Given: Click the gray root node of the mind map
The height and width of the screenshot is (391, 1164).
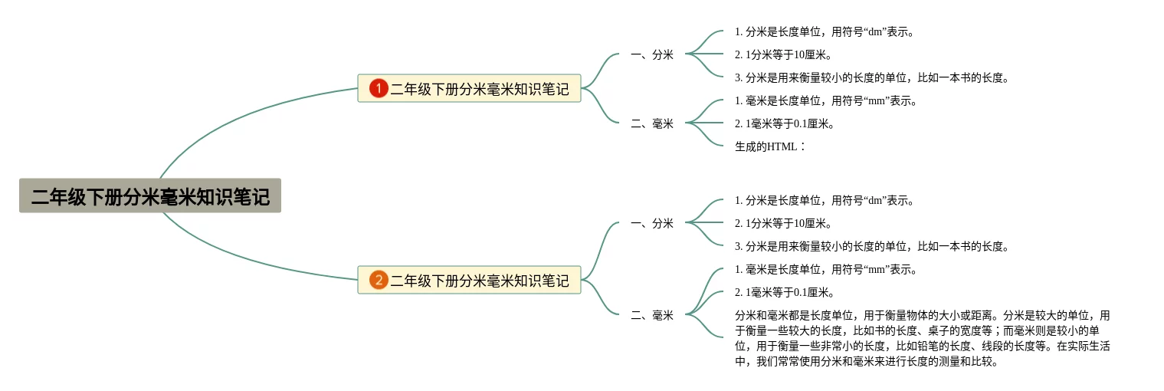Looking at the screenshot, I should [150, 196].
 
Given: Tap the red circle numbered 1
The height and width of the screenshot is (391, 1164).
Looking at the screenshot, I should [379, 89].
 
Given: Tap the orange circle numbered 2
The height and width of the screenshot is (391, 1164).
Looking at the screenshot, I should [379, 281].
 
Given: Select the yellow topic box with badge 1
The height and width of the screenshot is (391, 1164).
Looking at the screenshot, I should [479, 89].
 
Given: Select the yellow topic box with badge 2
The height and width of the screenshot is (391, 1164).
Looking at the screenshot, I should [479, 281].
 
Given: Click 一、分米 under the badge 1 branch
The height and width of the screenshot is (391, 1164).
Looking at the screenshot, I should [652, 54].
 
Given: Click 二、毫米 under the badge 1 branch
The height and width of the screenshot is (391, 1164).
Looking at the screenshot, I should [652, 123].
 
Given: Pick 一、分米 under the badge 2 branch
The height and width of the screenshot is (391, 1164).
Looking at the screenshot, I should [652, 223].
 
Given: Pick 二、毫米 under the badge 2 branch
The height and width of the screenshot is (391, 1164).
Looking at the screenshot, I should [652, 315].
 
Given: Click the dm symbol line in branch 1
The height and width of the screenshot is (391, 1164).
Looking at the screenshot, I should [825, 31].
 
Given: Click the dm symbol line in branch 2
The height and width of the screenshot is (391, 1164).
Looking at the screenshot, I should [825, 200].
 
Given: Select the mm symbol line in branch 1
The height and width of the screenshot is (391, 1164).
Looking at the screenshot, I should [825, 100].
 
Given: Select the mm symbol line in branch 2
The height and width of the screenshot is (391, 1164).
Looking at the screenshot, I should [825, 269].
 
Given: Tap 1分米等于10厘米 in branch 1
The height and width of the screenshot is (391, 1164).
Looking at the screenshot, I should [783, 54].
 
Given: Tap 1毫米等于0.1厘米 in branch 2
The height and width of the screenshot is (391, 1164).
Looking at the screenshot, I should [784, 292].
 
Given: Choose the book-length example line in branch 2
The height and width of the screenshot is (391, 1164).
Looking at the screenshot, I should [871, 246].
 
